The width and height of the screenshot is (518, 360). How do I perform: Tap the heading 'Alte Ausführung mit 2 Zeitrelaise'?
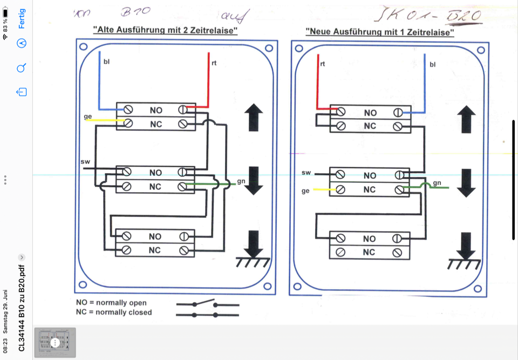166,31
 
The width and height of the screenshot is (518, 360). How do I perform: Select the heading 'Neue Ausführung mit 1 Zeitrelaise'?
380,32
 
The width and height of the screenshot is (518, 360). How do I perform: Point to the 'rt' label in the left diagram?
214,63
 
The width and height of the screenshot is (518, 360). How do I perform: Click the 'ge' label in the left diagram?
87,117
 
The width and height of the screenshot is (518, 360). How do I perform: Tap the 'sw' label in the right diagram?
306,173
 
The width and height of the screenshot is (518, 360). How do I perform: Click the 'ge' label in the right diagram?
306,191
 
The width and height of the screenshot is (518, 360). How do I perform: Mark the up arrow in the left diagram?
254,118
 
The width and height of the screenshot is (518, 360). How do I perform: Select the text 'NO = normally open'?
111,303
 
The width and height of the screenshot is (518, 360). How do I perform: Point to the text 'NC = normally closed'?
114,313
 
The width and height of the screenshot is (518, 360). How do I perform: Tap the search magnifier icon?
22,68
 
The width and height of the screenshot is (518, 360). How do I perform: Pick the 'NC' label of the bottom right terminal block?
369,252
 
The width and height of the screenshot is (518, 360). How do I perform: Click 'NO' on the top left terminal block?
156,110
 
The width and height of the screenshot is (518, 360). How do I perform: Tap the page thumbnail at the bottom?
55,343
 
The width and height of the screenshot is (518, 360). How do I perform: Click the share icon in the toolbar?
22,92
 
